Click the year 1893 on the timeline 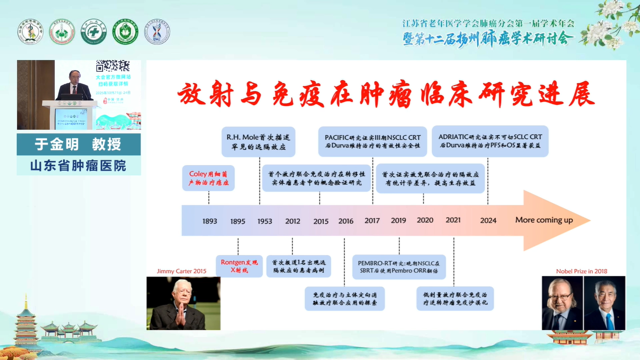point(209,221)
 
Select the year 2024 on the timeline point(488,220)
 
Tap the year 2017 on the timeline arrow point(372,220)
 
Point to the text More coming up point(544,220)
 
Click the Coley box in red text point(208,178)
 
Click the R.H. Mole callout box point(258,142)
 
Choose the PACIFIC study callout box point(372,142)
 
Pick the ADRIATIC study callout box point(490,141)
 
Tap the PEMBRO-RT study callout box point(399,267)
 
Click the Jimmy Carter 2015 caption point(181,271)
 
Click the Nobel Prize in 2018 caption point(581,271)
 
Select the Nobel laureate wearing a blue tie point(604,304)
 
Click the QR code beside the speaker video point(112,66)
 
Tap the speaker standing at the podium point(73,86)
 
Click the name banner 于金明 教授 point(78,144)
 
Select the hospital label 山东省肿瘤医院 point(78,165)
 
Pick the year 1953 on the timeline point(265,221)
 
